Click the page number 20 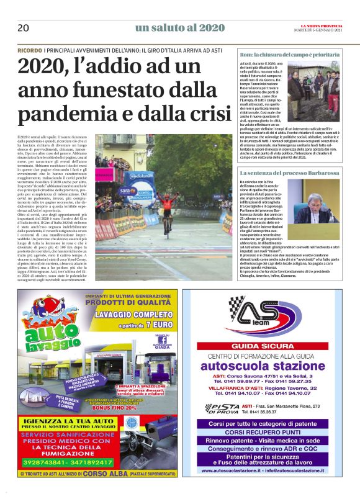[x=24, y=28]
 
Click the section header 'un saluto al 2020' [x=180, y=27]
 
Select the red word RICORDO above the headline [x=30, y=50]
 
